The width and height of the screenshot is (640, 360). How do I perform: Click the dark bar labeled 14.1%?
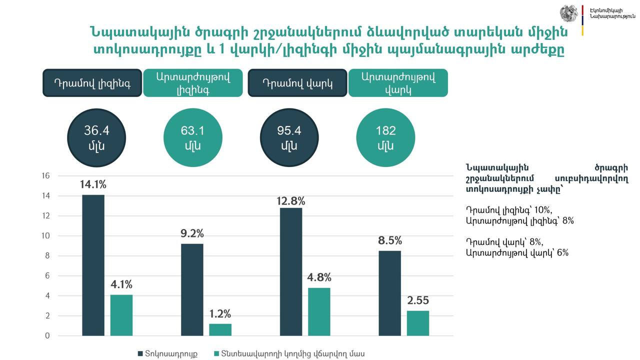93,265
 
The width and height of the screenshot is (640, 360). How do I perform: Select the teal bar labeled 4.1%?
121,315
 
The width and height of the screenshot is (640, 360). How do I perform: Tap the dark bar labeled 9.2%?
192,289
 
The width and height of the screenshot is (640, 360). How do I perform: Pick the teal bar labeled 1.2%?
220,329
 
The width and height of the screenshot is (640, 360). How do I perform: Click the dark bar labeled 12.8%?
291,271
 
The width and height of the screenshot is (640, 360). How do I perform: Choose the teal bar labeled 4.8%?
319,311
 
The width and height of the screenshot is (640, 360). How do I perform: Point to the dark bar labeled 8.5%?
390,293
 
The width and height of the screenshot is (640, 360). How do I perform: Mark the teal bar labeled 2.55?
418,323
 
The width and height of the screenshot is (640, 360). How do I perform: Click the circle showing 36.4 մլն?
96,138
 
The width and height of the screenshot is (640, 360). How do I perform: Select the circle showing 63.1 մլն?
192,138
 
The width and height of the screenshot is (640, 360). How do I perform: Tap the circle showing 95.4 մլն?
289,138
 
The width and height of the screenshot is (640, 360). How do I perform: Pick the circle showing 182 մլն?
385,138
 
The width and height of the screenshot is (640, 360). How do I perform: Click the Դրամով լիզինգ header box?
92,83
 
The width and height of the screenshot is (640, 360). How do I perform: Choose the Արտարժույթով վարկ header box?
398,83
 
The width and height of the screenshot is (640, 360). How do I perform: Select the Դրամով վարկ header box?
297,83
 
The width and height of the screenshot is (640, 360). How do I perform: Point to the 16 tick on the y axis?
46,176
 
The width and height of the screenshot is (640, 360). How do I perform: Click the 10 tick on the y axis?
46,236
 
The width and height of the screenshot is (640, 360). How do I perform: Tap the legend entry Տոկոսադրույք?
167,354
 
